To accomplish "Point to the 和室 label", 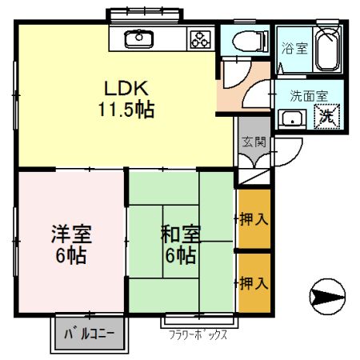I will pos(181,235).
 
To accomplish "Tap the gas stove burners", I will pos(199,38).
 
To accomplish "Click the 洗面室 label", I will pos(309,95).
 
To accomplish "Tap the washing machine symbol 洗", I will pos(328,117).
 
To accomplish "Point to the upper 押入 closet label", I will pos(254,218).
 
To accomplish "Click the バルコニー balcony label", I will pos(90,333).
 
